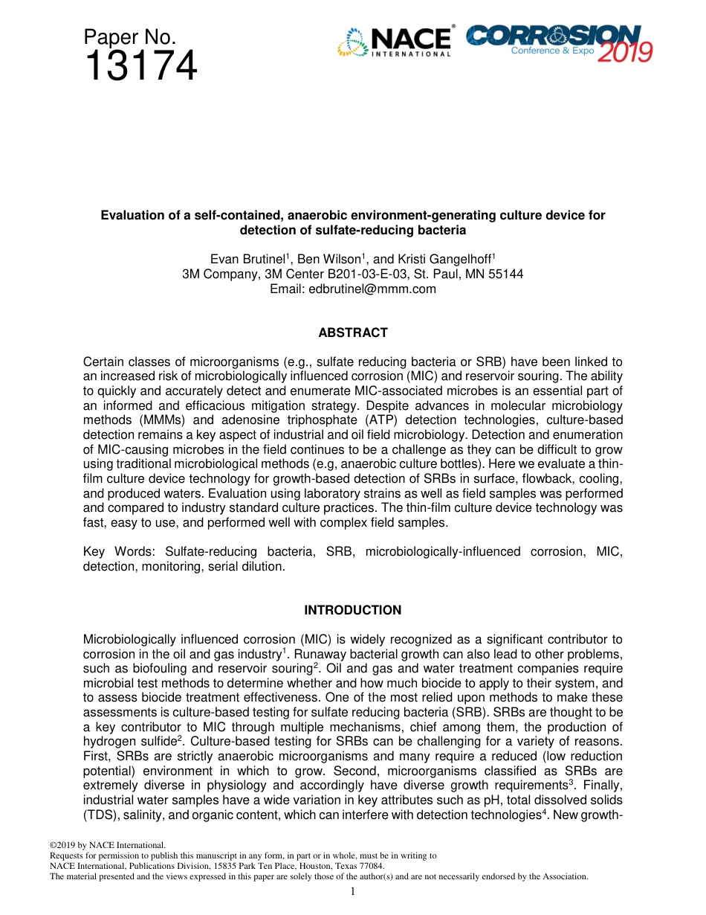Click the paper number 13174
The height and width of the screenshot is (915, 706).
[x=140, y=67]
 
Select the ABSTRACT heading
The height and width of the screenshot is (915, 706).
[x=353, y=333]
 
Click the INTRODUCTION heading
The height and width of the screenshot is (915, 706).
[x=353, y=610]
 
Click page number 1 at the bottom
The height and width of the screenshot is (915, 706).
[x=353, y=891]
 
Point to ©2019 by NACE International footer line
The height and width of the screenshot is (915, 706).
[x=107, y=845]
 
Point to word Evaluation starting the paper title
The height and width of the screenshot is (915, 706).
[x=131, y=216]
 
